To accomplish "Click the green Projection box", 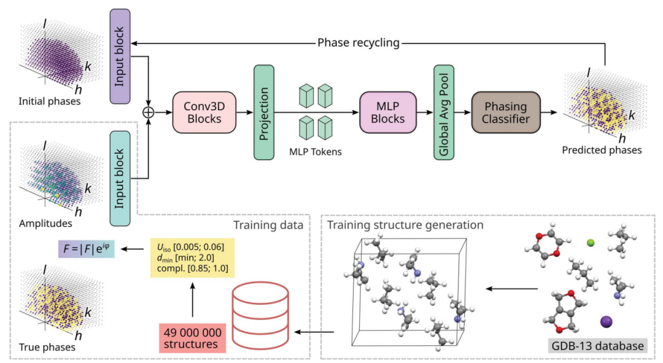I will (x=263, y=113).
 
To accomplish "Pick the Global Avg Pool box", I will (x=443, y=113).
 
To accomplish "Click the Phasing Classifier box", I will (x=505, y=112).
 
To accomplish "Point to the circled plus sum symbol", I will (x=147, y=112).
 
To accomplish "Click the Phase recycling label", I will (x=359, y=43).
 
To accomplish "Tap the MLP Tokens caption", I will (x=316, y=151).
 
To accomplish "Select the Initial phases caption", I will (x=49, y=101).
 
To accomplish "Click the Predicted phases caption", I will (x=602, y=149).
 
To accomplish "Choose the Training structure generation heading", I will (x=405, y=224).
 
